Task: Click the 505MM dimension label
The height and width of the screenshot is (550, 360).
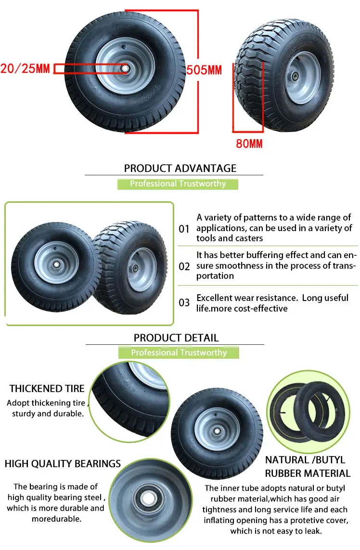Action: pyautogui.click(x=204, y=70)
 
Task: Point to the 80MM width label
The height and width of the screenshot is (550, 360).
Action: pyautogui.click(x=249, y=143)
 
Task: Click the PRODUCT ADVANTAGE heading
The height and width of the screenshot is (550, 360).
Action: pyautogui.click(x=180, y=168)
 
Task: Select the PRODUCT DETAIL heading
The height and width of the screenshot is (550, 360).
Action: pyautogui.click(x=176, y=338)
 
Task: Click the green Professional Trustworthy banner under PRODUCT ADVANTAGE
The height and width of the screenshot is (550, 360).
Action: pyautogui.click(x=178, y=183)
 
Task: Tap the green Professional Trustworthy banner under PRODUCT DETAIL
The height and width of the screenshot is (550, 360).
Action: pyautogui.click(x=179, y=353)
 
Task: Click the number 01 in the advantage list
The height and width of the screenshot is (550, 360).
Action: pyautogui.click(x=184, y=229)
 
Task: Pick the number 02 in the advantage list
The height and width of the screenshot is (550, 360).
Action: pyautogui.click(x=184, y=266)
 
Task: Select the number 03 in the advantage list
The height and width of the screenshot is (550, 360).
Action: pyautogui.click(x=184, y=303)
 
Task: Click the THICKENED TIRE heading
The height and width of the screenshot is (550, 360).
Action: pyautogui.click(x=47, y=389)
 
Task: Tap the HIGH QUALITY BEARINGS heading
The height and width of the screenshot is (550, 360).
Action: pyautogui.click(x=63, y=464)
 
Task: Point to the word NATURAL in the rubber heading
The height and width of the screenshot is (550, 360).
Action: pyautogui.click(x=286, y=460)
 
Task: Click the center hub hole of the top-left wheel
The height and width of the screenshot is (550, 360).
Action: pyautogui.click(x=125, y=68)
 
